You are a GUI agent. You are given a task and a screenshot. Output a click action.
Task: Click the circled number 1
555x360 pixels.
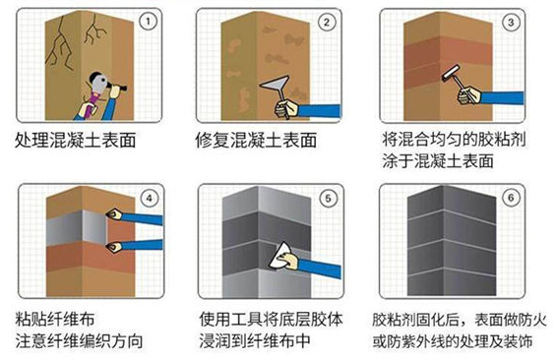148,22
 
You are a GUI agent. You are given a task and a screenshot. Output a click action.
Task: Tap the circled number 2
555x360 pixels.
327,23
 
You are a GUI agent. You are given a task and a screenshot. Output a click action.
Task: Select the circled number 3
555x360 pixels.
511,23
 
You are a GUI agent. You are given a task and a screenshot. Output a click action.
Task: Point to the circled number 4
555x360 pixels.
149,198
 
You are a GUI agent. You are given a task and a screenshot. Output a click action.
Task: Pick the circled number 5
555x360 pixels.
328,198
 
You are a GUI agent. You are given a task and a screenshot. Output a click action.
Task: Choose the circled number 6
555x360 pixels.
511,198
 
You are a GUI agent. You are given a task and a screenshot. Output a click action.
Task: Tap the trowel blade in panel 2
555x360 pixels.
275,85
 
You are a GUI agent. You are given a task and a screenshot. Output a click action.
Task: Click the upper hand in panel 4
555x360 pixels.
114,214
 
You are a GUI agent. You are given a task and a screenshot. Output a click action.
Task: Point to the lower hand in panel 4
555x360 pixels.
114,246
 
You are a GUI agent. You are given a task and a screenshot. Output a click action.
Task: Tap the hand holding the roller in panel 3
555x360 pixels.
469,95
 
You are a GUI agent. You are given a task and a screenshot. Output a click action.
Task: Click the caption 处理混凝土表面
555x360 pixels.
76,141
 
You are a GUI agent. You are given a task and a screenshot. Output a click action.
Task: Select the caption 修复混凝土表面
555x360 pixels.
256,141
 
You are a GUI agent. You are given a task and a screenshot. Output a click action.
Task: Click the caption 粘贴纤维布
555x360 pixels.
55,320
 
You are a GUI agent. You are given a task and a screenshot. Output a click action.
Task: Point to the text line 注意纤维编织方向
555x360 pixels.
79,341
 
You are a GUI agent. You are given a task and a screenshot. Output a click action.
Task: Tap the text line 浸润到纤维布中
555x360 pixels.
255,341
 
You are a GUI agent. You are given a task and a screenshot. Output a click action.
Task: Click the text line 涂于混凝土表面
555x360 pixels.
438,161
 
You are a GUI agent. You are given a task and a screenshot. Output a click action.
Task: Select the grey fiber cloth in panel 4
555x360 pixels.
77,228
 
